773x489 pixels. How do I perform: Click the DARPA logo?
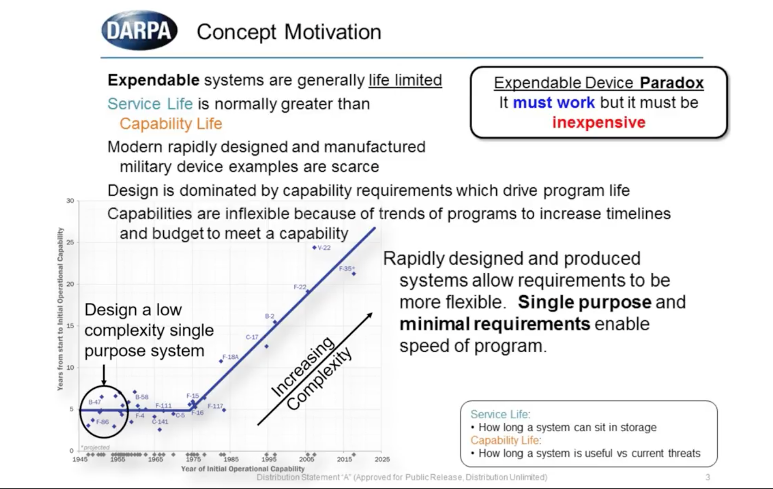pyautogui.click(x=139, y=31)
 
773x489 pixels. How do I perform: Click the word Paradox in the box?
pyautogui.click(x=671, y=83)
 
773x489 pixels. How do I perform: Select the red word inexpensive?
pyautogui.click(x=599, y=122)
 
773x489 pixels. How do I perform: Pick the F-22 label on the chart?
pyautogui.click(x=300, y=287)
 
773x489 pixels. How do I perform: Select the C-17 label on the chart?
pyautogui.click(x=252, y=337)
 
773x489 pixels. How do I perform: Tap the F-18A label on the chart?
pyautogui.click(x=230, y=357)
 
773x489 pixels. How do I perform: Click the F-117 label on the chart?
pyautogui.click(x=215, y=406)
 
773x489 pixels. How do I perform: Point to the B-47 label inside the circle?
pyautogui.click(x=95, y=402)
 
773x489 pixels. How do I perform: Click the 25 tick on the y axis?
pyautogui.click(x=70, y=242)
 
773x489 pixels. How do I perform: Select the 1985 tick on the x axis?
pyautogui.click(x=231, y=459)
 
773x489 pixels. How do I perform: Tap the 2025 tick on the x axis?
pyautogui.click(x=382, y=459)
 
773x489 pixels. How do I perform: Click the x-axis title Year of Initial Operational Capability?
pyautogui.click(x=243, y=469)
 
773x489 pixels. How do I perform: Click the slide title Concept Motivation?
pyautogui.click(x=289, y=32)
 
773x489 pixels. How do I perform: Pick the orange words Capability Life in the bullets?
pyautogui.click(x=171, y=124)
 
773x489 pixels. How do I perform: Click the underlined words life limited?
pyautogui.click(x=405, y=80)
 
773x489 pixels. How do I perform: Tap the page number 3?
pyautogui.click(x=708, y=477)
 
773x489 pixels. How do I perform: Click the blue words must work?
pyautogui.click(x=554, y=103)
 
